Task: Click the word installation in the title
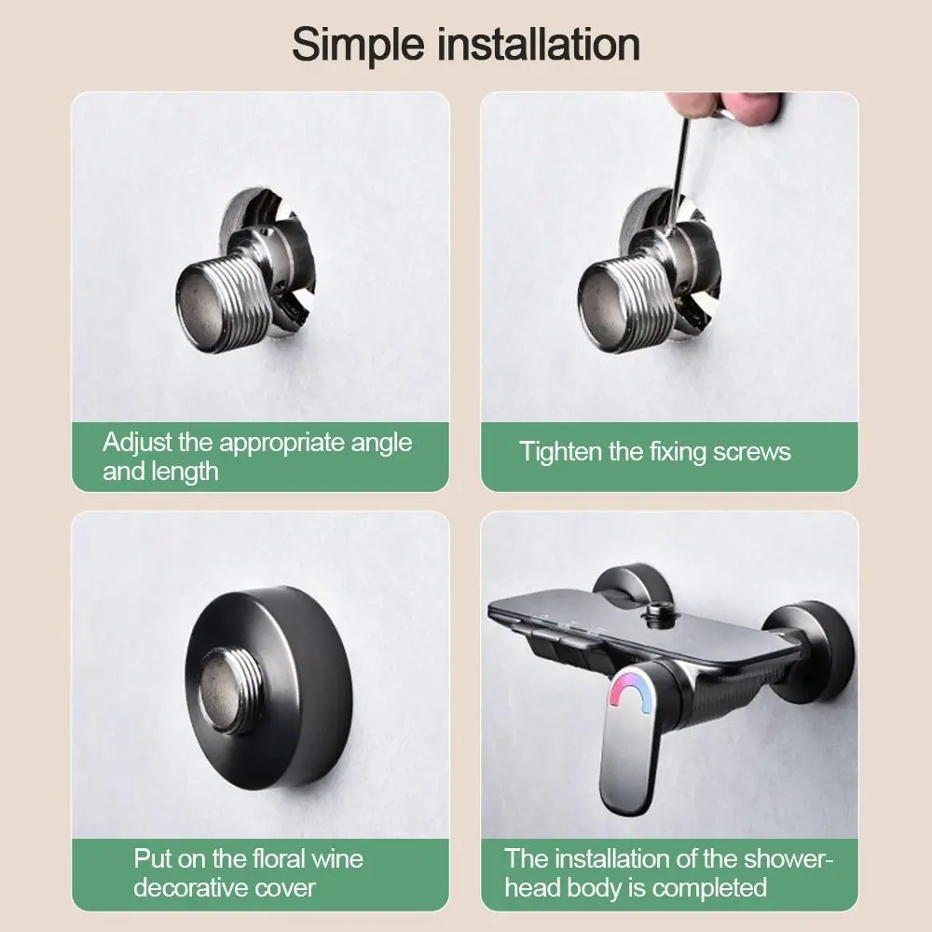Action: tap(540, 44)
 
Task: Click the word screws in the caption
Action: tap(751, 452)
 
